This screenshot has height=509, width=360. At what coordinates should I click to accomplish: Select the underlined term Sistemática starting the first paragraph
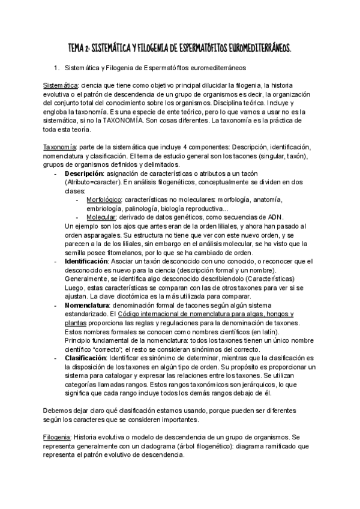61,85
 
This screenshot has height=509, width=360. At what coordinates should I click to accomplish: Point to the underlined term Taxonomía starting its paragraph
60,147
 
